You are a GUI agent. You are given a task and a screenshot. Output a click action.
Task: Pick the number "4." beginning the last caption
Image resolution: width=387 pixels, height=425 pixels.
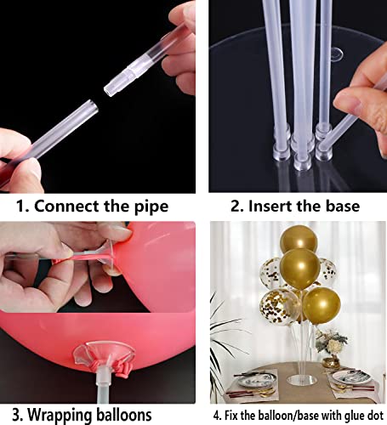click(218, 415)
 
